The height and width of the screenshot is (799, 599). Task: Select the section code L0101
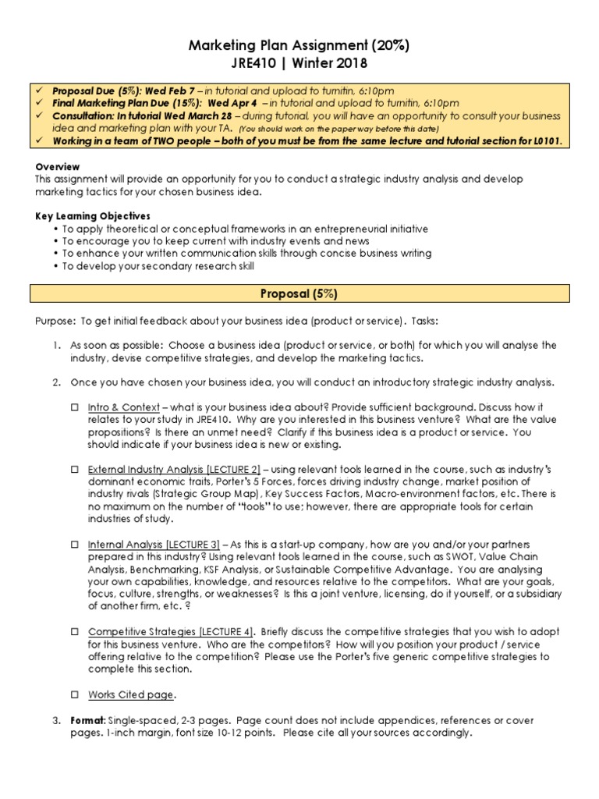tap(544, 141)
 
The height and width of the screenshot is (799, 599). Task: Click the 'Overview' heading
tap(58, 166)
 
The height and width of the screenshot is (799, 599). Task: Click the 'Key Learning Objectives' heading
tap(93, 216)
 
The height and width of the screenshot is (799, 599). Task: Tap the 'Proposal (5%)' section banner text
tap(299, 294)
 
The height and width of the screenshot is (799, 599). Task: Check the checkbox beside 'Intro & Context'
tap(76, 407)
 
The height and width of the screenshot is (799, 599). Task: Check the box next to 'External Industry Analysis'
tap(76, 471)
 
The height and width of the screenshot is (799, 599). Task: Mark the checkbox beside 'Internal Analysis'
tap(76, 545)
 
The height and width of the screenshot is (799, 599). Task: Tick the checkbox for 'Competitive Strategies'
tap(76, 631)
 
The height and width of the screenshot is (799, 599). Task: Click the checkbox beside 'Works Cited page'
tap(76, 694)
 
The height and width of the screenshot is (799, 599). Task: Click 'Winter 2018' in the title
tap(332, 64)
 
